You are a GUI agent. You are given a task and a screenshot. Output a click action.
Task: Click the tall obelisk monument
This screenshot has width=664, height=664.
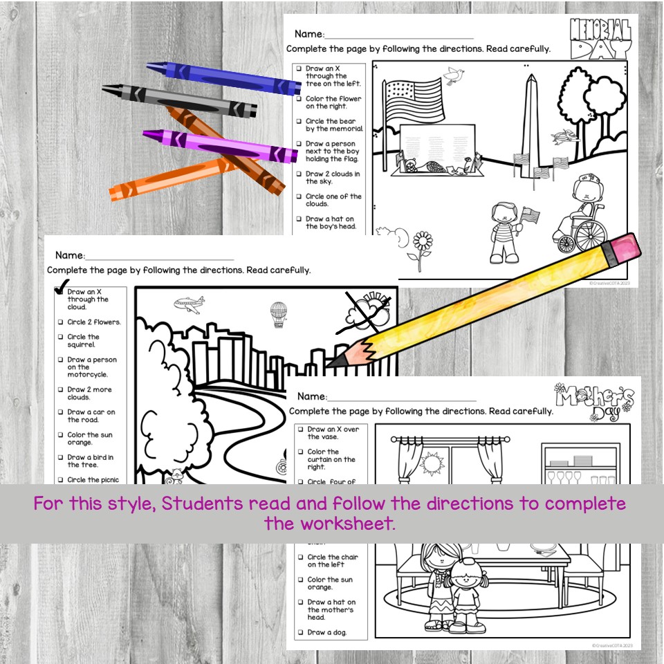click(530, 124)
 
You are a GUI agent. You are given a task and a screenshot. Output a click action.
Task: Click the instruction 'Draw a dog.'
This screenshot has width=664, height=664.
click(327, 632)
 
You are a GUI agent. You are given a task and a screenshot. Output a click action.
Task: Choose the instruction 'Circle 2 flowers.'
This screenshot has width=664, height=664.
click(93, 322)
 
